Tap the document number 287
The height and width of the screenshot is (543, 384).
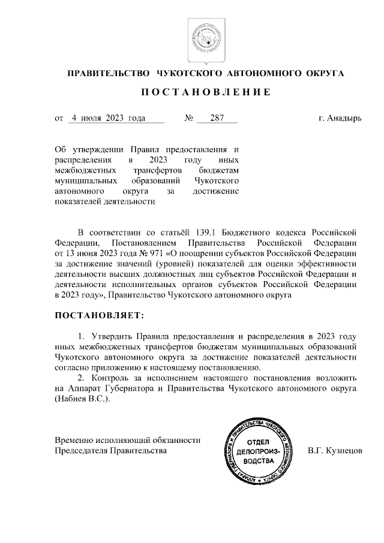point(216,118)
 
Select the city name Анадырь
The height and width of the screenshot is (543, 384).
point(344,118)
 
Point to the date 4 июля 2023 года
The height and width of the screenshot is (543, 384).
point(109,118)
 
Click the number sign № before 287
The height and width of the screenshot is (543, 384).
point(188,118)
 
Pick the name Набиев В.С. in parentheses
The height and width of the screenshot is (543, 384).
point(82,399)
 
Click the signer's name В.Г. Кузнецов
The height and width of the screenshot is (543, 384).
point(335,450)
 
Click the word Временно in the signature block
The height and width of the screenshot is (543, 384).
point(73,439)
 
